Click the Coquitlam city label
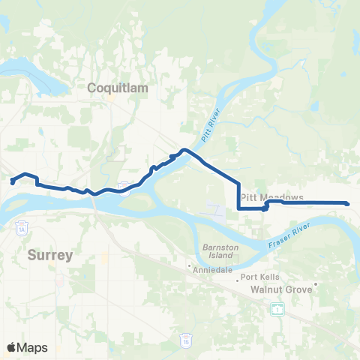point(118,88)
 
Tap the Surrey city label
point(50,255)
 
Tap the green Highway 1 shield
point(277,309)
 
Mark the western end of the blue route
point(12,182)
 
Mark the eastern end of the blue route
point(347,203)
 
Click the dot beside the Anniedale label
point(190,265)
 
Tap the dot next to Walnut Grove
point(317,283)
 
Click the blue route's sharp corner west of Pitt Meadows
point(238,208)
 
